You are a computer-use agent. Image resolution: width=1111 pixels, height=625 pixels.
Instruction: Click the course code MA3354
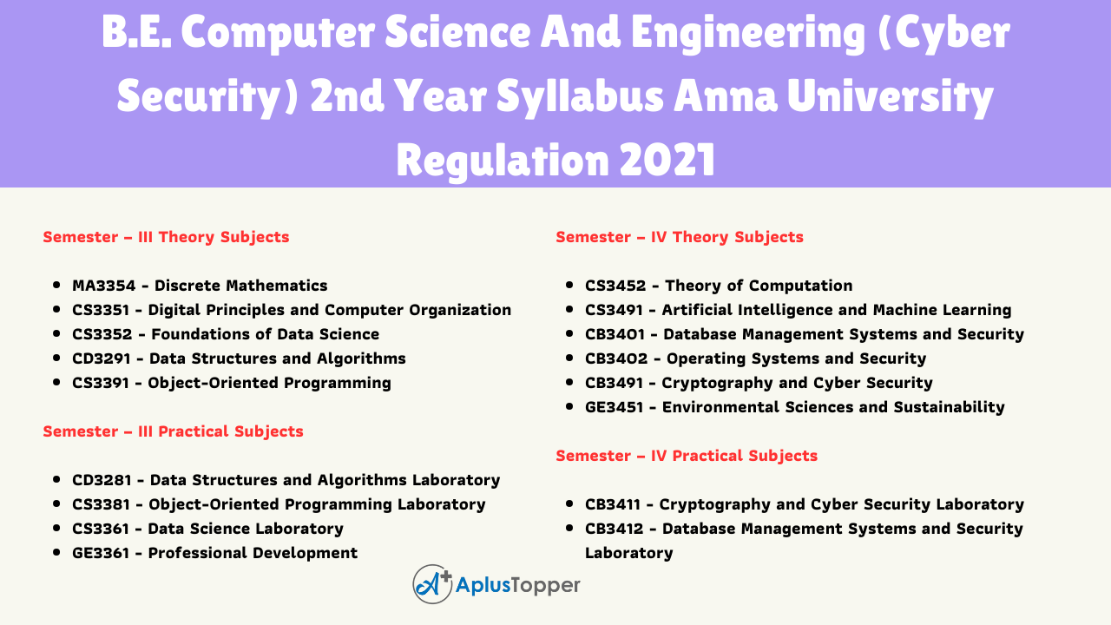(x=103, y=286)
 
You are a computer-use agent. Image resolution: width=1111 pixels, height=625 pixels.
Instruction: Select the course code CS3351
(x=101, y=310)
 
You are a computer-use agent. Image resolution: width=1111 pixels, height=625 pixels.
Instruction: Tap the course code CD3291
(x=102, y=359)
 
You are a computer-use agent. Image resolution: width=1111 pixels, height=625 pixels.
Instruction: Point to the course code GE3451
(x=614, y=407)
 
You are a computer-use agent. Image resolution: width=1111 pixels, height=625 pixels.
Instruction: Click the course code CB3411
(x=613, y=504)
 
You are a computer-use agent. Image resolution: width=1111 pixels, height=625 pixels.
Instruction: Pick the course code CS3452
(x=615, y=286)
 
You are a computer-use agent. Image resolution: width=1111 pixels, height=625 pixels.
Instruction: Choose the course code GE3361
(x=101, y=553)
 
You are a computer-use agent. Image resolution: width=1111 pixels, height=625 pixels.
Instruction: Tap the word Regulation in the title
(x=503, y=161)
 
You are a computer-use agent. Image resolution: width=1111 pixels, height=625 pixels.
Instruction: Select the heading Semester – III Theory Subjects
(x=166, y=237)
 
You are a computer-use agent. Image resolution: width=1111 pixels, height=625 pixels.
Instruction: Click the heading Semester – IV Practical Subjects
(x=687, y=456)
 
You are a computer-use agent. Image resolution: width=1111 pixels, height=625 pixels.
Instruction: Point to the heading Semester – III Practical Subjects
(x=173, y=431)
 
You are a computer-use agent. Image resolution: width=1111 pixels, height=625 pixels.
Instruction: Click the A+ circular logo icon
(x=432, y=584)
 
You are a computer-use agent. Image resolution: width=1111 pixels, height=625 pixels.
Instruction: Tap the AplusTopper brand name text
(x=518, y=586)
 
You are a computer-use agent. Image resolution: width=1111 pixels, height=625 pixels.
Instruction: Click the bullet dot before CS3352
(x=56, y=334)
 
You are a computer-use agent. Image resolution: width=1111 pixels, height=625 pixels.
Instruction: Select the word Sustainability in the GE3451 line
(x=950, y=408)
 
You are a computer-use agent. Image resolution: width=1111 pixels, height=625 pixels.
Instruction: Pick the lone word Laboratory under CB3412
(x=629, y=554)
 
